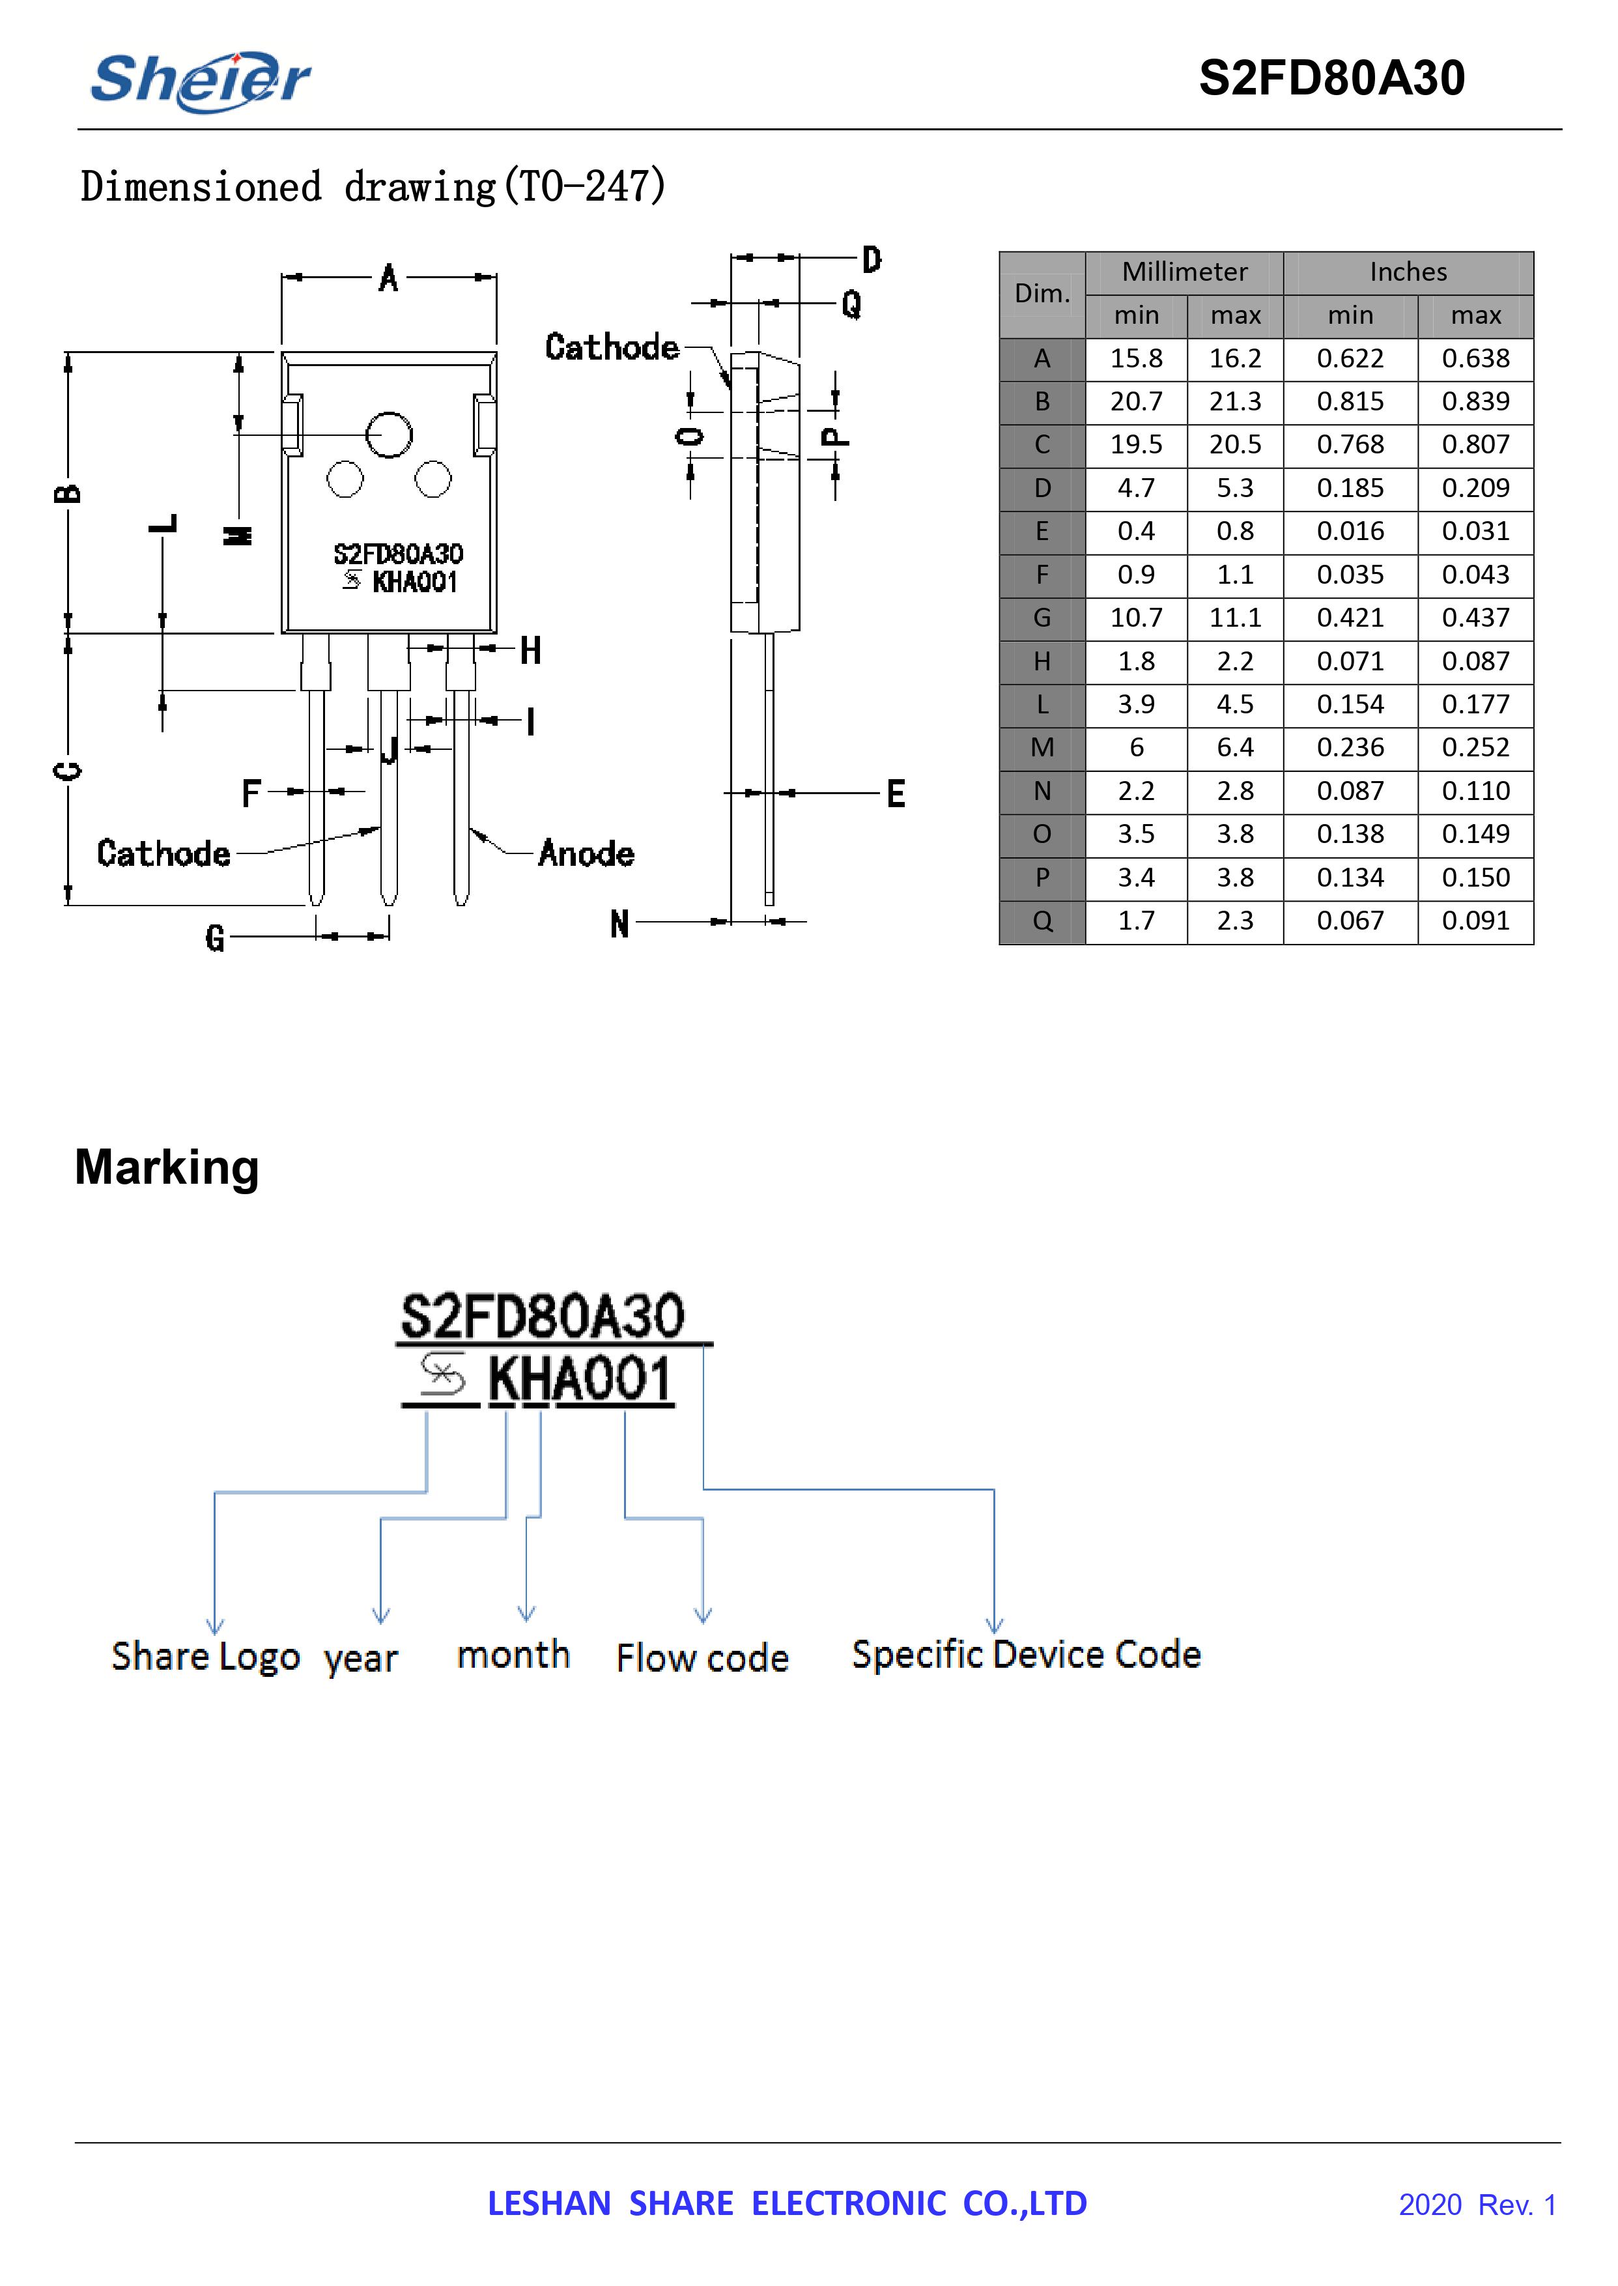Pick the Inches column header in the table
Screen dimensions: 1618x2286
coord(1408,272)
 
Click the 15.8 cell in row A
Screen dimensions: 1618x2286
coord(1136,359)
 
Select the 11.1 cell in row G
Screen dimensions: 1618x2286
coord(1236,618)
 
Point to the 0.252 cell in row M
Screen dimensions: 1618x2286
coord(1475,747)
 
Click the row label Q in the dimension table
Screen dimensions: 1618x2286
coord(1042,921)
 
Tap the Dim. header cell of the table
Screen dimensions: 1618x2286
coord(1042,294)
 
